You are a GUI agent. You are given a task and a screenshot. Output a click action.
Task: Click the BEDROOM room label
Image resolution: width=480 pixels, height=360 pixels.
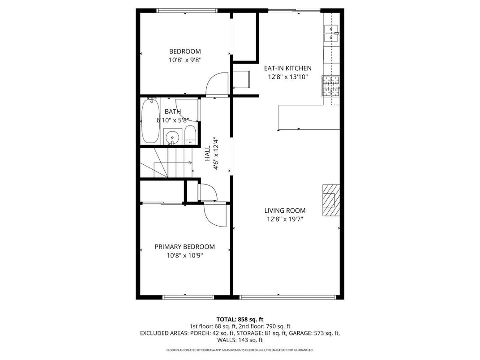click(x=184, y=51)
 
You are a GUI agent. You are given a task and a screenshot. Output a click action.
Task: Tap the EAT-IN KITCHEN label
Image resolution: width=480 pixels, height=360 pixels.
click(x=287, y=69)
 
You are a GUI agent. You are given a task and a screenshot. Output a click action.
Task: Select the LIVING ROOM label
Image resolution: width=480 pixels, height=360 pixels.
click(x=285, y=210)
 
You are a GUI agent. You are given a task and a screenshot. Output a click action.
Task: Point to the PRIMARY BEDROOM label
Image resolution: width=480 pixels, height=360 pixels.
click(x=184, y=247)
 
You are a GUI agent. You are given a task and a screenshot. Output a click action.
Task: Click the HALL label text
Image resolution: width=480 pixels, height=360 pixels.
click(x=207, y=154)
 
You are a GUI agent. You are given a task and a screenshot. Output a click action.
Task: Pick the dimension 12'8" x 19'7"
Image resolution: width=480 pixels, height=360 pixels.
click(x=285, y=219)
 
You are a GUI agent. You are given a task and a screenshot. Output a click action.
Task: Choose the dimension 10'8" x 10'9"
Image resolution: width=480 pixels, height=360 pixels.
click(x=184, y=255)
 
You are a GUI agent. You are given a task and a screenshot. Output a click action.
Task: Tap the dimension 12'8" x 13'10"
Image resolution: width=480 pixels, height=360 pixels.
click(x=287, y=77)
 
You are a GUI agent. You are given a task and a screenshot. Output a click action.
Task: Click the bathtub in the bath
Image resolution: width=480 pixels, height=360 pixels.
click(x=150, y=121)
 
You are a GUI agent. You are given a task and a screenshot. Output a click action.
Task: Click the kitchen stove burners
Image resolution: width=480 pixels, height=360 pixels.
click(x=330, y=86)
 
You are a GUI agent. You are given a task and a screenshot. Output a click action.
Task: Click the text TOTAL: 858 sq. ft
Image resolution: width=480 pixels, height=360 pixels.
click(x=240, y=319)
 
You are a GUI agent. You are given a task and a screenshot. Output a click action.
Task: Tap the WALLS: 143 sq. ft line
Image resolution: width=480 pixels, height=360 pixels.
click(x=240, y=340)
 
